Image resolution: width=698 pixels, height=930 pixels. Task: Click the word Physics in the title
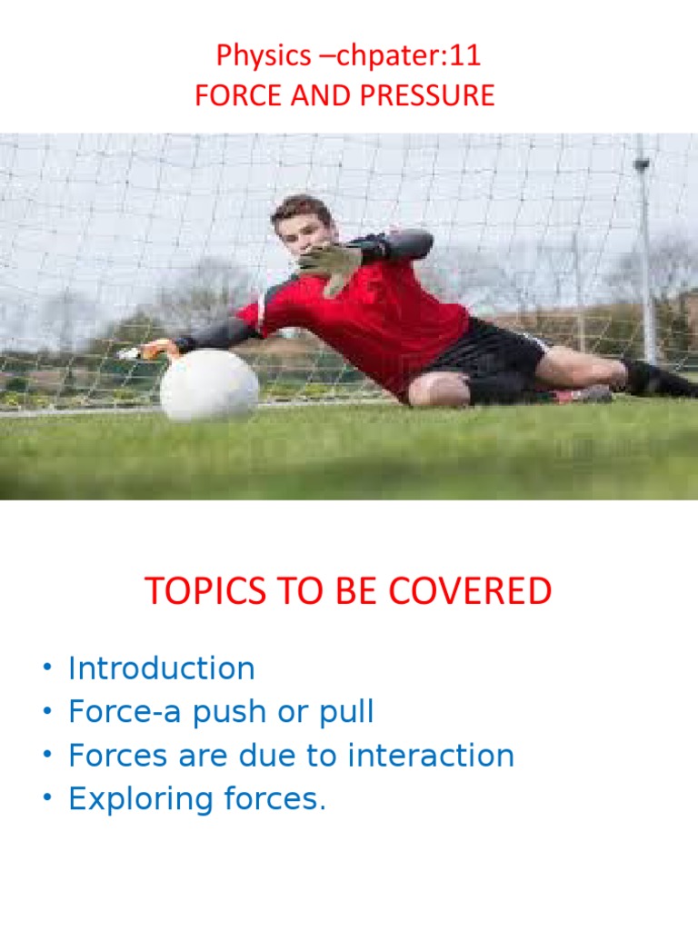[250, 56]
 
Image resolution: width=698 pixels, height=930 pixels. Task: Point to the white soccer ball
[208, 385]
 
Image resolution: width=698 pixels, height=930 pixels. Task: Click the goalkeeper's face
[302, 231]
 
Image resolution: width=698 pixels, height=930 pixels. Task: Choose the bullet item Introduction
[162, 668]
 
